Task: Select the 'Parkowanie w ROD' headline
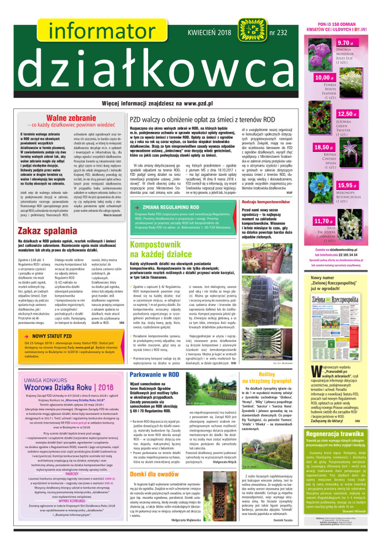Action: pyautogui.click(x=158, y=375)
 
